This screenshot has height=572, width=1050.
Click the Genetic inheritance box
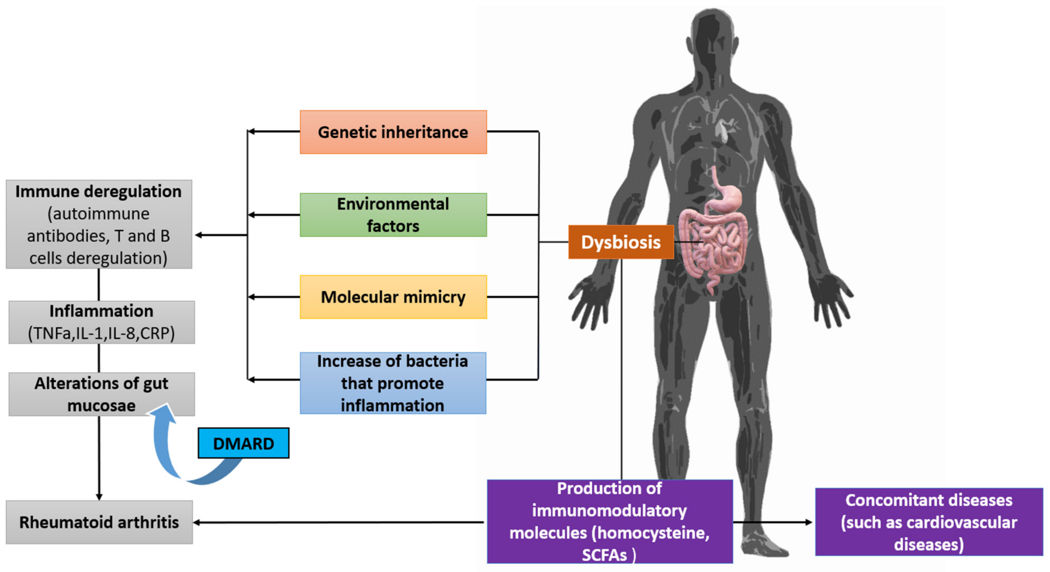point(393,132)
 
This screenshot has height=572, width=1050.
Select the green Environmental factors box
point(393,214)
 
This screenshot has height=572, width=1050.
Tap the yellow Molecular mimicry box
point(393,297)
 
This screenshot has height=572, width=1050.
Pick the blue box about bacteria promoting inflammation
point(393,383)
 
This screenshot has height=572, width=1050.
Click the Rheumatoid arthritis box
point(99,522)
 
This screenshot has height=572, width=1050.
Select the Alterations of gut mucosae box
point(102,394)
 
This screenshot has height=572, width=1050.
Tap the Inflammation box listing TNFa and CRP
point(102,322)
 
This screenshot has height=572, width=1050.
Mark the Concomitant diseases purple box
point(928,522)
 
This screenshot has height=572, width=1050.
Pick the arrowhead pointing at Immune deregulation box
point(199,235)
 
